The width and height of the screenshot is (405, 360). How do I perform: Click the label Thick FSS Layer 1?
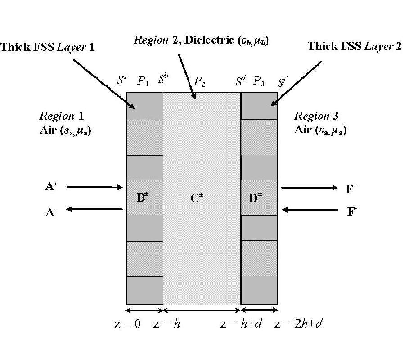click(x=48, y=47)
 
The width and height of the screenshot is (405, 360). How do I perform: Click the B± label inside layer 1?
click(x=143, y=198)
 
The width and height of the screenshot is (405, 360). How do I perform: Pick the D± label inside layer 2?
click(x=255, y=198)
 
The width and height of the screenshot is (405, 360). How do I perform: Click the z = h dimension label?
click(x=167, y=324)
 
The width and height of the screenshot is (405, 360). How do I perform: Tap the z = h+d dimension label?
click(x=235, y=324)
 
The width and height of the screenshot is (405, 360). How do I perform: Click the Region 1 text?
click(x=62, y=116)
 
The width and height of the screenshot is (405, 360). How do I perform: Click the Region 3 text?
click(x=317, y=116)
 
